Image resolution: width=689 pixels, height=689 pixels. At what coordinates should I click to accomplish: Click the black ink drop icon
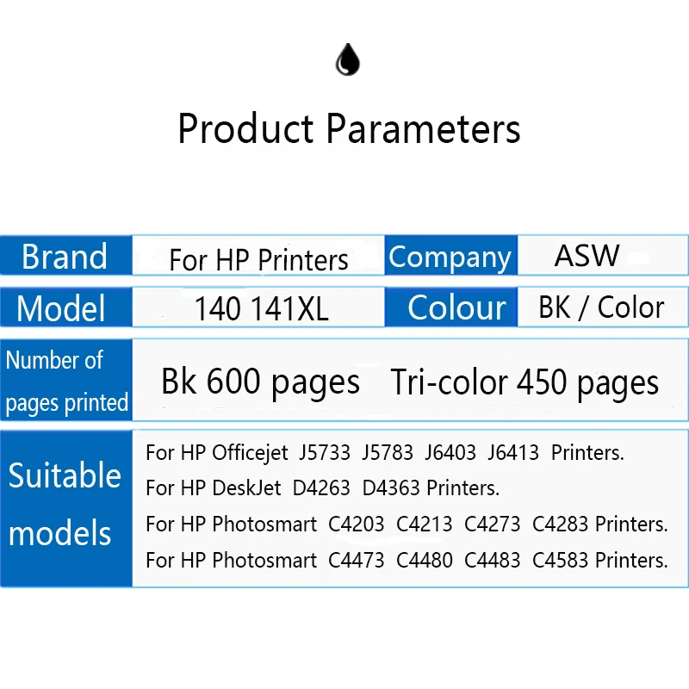(x=348, y=59)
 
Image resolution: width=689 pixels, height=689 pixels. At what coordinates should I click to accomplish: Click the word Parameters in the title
(x=424, y=128)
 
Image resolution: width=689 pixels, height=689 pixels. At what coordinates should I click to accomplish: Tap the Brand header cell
(x=66, y=256)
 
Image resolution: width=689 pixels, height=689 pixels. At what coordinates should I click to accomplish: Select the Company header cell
(x=450, y=256)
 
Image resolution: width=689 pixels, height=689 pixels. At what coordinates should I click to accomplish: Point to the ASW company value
(x=587, y=255)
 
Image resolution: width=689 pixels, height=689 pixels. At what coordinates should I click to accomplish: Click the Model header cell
(x=66, y=307)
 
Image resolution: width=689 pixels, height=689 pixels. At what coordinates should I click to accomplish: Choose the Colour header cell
(x=450, y=307)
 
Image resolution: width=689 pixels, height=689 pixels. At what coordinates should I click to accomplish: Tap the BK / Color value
(x=601, y=307)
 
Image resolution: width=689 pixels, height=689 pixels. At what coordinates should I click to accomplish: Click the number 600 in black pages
(x=233, y=381)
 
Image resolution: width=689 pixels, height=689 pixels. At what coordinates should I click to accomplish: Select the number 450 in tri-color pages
(x=542, y=382)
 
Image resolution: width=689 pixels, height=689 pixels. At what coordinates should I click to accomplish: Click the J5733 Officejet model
(x=325, y=452)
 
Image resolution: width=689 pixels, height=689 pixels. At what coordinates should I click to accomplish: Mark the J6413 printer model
(x=512, y=452)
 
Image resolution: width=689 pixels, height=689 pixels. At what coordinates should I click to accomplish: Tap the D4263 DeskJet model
(x=321, y=487)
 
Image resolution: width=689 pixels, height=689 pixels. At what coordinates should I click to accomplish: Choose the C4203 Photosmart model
(x=356, y=524)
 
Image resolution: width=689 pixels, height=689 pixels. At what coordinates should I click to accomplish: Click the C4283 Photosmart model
(x=560, y=524)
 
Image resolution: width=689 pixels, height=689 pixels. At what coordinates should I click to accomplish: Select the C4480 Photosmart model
(x=424, y=561)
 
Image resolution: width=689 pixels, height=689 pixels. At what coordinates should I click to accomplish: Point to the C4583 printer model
(x=560, y=561)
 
